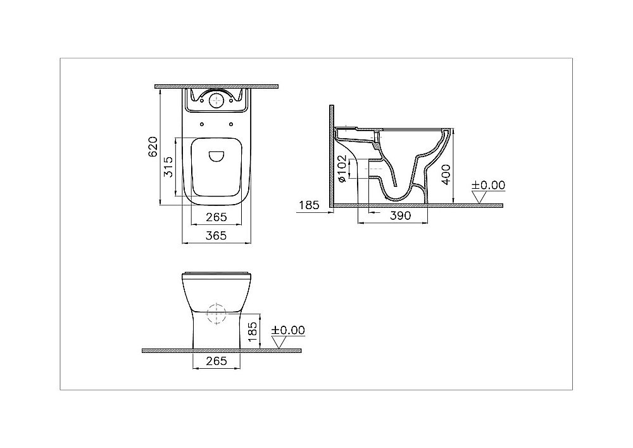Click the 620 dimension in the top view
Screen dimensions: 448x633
[152, 146]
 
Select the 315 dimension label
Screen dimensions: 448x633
[168, 169]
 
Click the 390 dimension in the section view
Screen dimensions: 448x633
[400, 216]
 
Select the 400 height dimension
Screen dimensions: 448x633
[447, 172]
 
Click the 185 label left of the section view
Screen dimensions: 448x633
[308, 205]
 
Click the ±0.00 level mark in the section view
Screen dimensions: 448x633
[489, 185]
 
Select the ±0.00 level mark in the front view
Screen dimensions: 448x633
[288, 330]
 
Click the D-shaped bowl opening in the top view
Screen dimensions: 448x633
[217, 156]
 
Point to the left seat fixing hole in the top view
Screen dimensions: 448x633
[202, 124]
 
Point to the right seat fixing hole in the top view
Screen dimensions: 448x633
[232, 124]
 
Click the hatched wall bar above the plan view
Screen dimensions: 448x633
[217, 86]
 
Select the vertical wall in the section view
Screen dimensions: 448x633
[330, 155]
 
